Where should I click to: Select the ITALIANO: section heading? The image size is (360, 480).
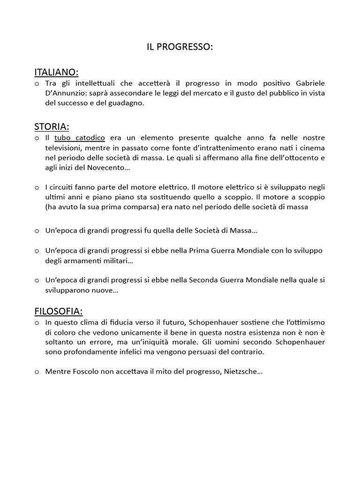click(x=56, y=72)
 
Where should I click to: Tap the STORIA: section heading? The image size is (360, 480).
click(x=52, y=127)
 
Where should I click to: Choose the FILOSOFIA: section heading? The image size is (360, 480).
click(x=59, y=311)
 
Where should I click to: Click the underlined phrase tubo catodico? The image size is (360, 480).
click(x=80, y=138)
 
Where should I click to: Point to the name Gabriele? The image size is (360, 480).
click(x=308, y=83)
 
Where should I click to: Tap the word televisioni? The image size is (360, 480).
click(x=64, y=148)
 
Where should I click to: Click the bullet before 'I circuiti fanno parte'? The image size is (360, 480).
click(x=37, y=187)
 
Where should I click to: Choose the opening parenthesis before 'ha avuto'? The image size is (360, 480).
click(x=47, y=207)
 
